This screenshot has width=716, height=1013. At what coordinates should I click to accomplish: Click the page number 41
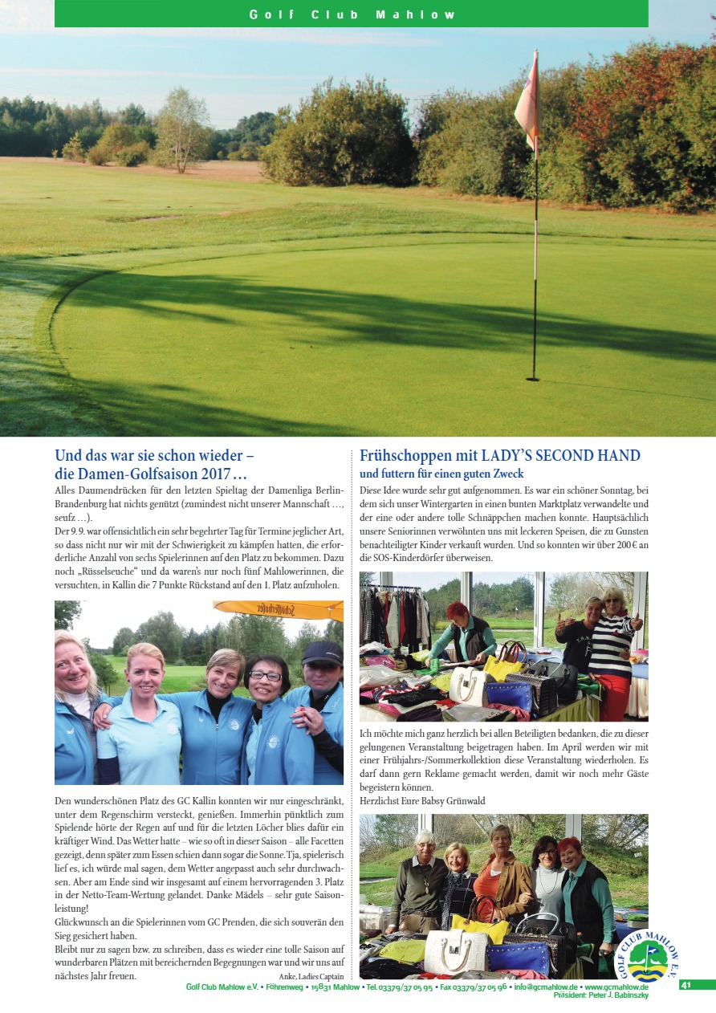685,985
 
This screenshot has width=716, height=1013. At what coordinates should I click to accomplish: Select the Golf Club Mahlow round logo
646,958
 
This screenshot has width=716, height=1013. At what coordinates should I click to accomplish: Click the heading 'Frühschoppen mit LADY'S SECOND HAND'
500,456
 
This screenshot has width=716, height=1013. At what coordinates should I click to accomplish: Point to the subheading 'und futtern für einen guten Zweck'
441,474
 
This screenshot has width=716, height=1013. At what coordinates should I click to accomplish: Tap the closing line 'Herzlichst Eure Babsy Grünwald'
422,801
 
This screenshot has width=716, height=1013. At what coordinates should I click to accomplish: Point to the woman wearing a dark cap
323,698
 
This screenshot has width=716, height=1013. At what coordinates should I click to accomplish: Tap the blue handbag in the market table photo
506,695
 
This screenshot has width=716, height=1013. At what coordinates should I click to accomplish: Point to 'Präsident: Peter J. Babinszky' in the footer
600,995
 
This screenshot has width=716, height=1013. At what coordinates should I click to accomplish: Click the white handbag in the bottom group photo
455,951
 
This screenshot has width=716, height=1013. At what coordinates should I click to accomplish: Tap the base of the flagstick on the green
533,377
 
